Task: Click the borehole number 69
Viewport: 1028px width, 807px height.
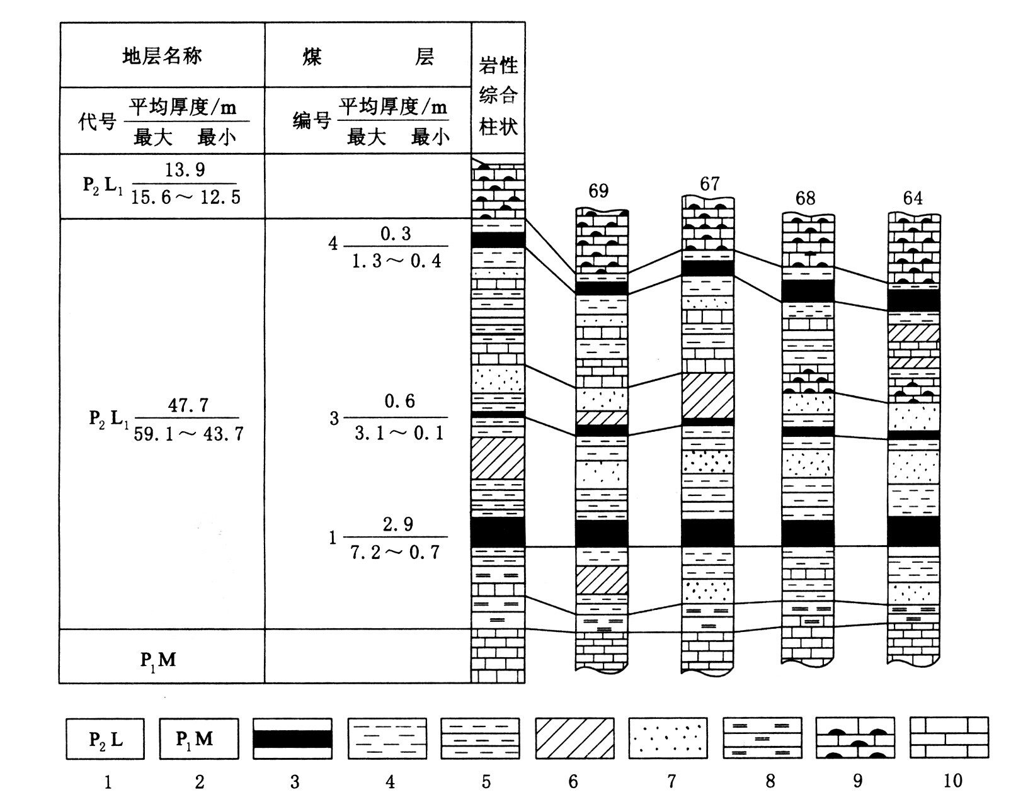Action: pyautogui.click(x=598, y=191)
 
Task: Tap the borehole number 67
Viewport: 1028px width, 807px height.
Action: pyautogui.click(x=709, y=184)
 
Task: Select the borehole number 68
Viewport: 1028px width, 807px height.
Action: pyautogui.click(x=805, y=199)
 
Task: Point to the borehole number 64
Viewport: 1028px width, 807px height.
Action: pyautogui.click(x=912, y=198)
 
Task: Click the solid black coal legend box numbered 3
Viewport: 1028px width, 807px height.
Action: pyautogui.click(x=292, y=738)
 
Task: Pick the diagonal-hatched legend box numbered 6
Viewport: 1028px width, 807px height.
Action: pyautogui.click(x=574, y=738)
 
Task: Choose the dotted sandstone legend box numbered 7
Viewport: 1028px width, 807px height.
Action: pyautogui.click(x=668, y=738)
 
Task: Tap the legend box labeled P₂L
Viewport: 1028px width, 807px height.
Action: pyautogui.click(x=105, y=738)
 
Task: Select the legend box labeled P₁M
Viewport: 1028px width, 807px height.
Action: pyautogui.click(x=198, y=738)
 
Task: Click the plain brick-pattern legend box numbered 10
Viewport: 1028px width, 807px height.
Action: pyautogui.click(x=949, y=738)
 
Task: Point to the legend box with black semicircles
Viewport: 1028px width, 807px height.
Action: pyautogui.click(x=855, y=738)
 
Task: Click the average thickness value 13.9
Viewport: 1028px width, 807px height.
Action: pyautogui.click(x=185, y=170)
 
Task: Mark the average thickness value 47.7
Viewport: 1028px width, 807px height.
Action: pyautogui.click(x=188, y=405)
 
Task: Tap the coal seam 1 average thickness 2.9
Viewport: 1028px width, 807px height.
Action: pyautogui.click(x=398, y=524)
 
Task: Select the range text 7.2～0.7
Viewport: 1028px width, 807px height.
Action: pyautogui.click(x=395, y=553)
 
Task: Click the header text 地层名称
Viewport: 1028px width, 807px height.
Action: pyautogui.click(x=162, y=56)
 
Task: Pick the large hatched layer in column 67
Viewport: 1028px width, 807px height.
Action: pyautogui.click(x=708, y=395)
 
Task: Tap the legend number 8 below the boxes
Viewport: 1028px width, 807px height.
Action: pyautogui.click(x=770, y=781)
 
